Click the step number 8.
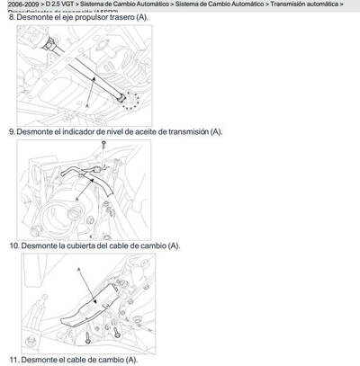coord(12,17)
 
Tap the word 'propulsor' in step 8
coord(87,17)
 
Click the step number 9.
coord(12,131)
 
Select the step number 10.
coord(13,245)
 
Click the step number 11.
coord(13,360)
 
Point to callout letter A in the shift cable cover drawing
coord(79,268)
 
